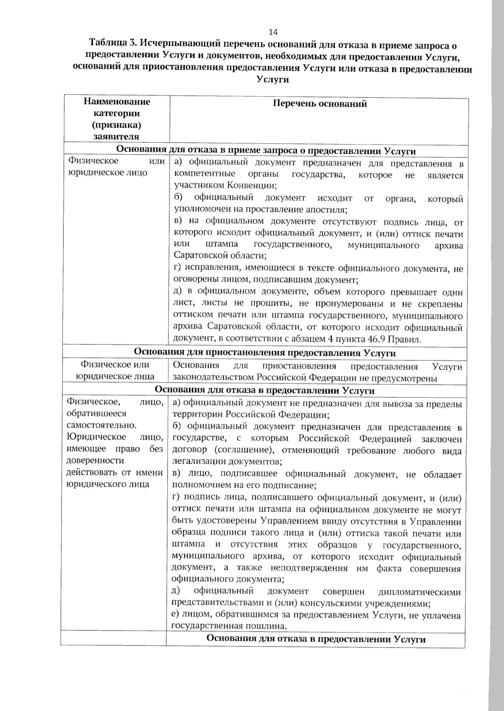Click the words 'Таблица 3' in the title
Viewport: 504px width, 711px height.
click(x=113, y=44)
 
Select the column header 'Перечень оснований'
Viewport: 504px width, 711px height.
click(x=320, y=104)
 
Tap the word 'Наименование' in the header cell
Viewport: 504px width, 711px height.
click(x=117, y=102)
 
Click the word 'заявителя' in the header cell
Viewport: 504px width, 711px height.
click(x=117, y=136)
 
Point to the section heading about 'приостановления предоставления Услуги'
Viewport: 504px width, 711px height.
click(x=265, y=353)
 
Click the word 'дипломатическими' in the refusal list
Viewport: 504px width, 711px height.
click(x=420, y=593)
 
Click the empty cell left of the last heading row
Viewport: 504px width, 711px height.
click(x=113, y=639)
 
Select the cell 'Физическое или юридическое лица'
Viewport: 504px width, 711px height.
click(x=115, y=371)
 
